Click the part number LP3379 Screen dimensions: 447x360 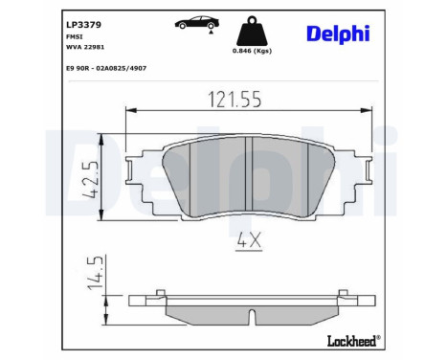[83, 25]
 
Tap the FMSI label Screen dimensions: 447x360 [74, 36]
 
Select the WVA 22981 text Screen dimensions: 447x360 [85, 47]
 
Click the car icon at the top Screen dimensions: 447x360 [197, 22]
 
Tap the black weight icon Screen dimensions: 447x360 [252, 31]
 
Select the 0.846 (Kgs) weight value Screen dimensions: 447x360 [252, 51]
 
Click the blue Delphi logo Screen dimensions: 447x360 [338, 34]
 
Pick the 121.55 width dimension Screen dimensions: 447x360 [235, 100]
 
